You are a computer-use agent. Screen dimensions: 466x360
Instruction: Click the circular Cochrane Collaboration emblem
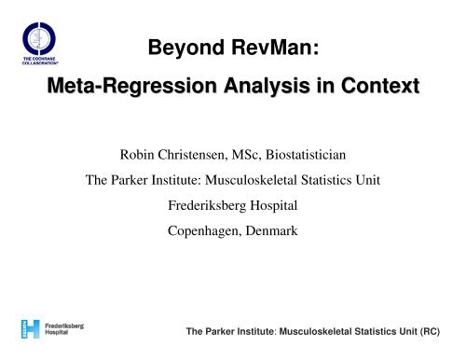click(39, 38)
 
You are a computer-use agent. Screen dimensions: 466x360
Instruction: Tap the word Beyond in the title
click(186, 48)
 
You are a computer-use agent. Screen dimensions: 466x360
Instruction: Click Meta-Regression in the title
click(131, 86)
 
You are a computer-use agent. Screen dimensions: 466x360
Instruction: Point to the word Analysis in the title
click(267, 86)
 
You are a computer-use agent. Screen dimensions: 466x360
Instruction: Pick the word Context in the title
click(380, 86)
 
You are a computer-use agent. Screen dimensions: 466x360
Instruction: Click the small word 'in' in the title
click(325, 85)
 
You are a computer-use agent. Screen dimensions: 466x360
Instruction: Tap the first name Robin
click(137, 155)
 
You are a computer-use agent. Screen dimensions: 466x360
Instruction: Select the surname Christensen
click(193, 155)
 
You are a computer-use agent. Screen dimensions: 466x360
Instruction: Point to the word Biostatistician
click(306, 155)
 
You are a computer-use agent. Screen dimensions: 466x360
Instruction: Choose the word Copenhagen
click(205, 231)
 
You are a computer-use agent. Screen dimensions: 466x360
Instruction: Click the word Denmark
click(271, 230)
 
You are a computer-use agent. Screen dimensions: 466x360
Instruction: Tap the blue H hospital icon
click(31, 329)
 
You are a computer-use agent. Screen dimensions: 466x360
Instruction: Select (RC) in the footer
click(430, 331)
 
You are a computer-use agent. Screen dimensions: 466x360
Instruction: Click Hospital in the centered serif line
click(274, 206)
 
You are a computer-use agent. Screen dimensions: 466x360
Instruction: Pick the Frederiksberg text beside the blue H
click(64, 326)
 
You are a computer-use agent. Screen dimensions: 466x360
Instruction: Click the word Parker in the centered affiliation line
click(130, 180)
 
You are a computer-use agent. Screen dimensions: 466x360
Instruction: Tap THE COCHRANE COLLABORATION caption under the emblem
click(40, 61)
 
